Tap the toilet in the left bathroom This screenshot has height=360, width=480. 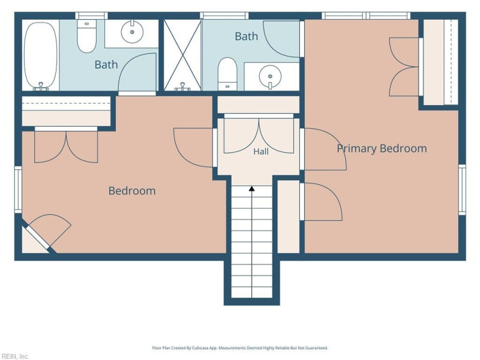[86, 36]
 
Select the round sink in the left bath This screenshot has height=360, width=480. [132, 31]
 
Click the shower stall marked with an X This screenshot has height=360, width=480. [182, 55]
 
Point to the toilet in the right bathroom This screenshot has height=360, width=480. [227, 74]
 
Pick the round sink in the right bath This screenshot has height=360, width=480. [270, 77]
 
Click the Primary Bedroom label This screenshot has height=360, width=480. [382, 148]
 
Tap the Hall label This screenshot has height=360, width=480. [261, 152]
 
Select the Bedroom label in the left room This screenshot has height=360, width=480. [132, 191]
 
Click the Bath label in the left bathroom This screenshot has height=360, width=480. [106, 65]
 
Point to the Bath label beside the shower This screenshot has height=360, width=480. [246, 37]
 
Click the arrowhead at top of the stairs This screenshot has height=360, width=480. [251, 188]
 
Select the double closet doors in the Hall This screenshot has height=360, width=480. [259, 134]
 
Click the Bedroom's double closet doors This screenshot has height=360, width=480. [66, 145]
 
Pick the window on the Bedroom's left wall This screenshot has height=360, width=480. [19, 190]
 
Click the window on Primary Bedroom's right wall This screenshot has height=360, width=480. [462, 190]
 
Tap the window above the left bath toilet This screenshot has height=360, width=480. [91, 16]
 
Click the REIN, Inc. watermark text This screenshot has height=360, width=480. [14, 356]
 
